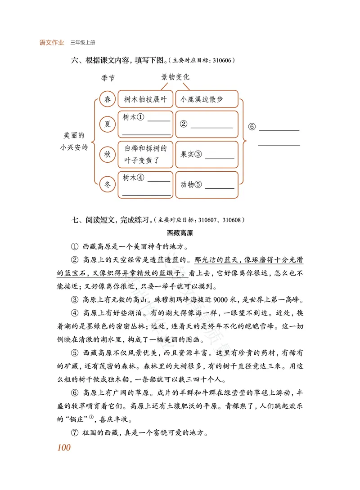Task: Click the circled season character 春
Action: pos(108,100)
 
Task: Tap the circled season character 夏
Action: pos(108,124)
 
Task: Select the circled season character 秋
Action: pos(107,155)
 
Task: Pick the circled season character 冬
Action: pos(108,184)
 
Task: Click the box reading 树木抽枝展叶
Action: pos(145,100)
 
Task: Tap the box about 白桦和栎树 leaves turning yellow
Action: pos(145,154)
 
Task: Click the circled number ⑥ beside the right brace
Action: pos(252,127)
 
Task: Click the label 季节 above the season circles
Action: pos(108,78)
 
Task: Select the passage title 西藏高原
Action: pos(180,233)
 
